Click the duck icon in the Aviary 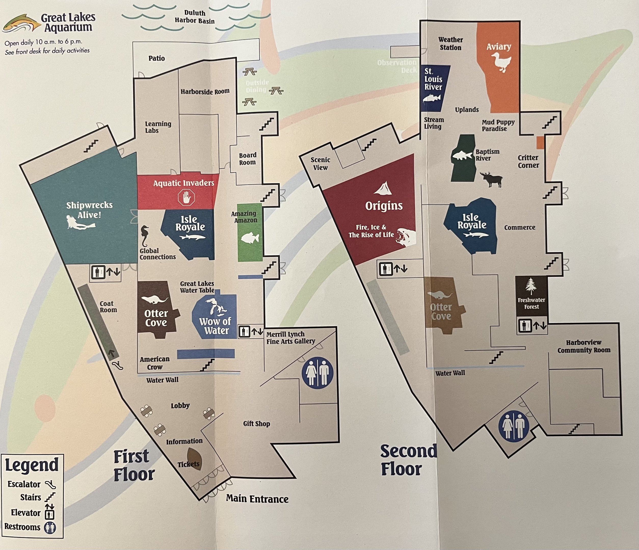coord(501,62)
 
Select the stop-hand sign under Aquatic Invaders coord(187,197)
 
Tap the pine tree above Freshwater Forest coord(531,286)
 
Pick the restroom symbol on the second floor coord(513,426)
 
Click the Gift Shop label coord(256,424)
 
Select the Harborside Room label coord(205,92)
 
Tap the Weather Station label coord(450,44)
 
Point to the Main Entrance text coord(257,499)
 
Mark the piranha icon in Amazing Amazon coord(249,238)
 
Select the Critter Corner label coord(528,161)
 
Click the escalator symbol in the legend coord(50,484)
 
